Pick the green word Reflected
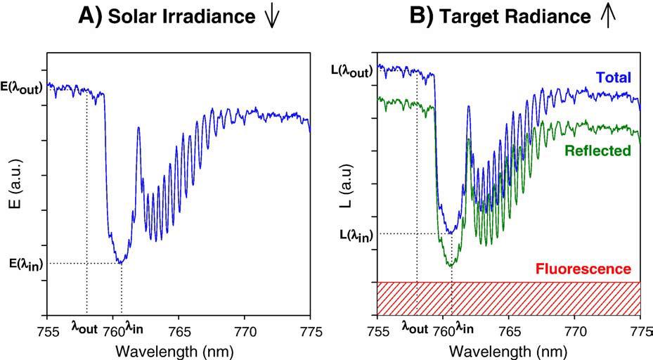point(601,150)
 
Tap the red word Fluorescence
point(583,269)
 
